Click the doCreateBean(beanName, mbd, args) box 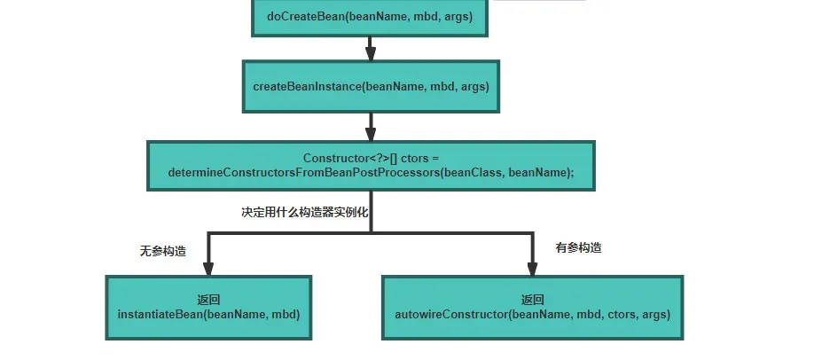coord(370,17)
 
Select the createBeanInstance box coord(370,86)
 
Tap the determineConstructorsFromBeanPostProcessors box coord(370,166)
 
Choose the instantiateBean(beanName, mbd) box coord(209,307)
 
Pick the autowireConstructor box coord(532,307)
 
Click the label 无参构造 coord(163,251)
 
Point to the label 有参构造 coord(578,247)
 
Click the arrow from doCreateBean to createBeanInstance coord(371,48)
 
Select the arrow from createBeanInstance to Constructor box coord(371,125)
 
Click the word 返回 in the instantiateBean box coord(209,300)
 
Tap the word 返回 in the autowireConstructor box coord(532,300)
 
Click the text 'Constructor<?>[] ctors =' coord(371,158)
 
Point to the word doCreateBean coord(301,17)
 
